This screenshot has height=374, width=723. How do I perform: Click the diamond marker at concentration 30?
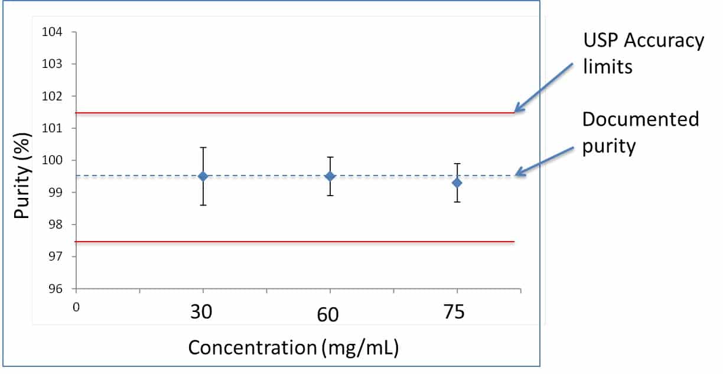coord(203,176)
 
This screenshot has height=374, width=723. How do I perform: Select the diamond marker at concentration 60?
coord(330,176)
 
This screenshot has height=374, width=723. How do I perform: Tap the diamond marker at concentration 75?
coord(457,183)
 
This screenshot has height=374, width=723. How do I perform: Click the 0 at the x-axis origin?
coord(76,306)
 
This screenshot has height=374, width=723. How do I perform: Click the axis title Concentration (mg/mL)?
coord(294,347)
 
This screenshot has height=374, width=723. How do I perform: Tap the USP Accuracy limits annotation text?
coord(643,53)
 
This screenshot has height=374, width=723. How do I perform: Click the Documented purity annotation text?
coord(640,132)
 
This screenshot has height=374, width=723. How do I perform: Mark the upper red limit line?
coord(295,112)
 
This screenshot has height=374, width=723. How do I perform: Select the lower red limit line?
coord(295,242)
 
